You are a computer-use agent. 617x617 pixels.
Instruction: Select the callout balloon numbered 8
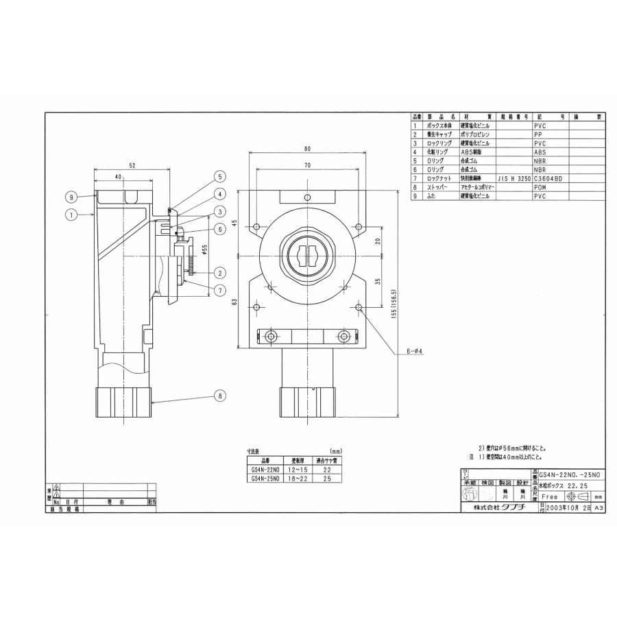tap(219, 395)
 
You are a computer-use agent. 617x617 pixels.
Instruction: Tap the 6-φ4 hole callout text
tap(415, 351)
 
